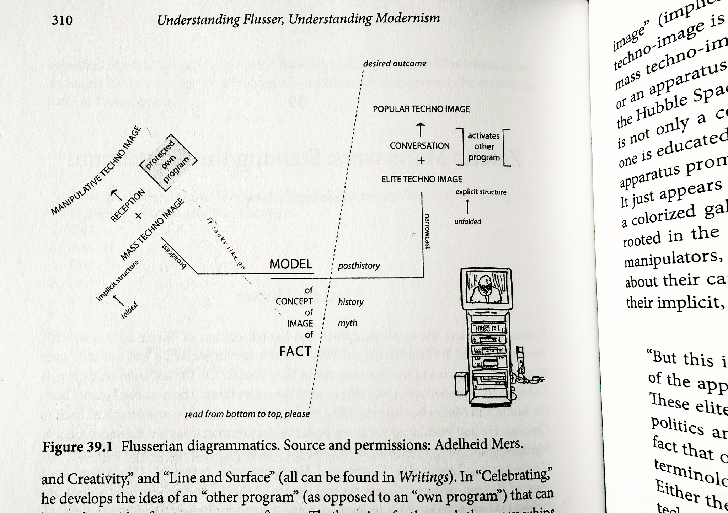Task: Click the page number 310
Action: click(62, 20)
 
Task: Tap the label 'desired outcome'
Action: click(395, 64)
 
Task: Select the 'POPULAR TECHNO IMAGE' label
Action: click(421, 109)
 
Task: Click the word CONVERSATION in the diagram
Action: click(419, 146)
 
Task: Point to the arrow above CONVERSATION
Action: click(421, 129)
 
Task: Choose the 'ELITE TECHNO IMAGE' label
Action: click(422, 179)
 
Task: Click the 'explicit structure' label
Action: click(481, 192)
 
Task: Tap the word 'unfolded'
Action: click(467, 221)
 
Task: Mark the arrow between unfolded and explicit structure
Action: click(467, 207)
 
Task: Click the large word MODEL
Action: click(291, 264)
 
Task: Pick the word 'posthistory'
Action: click(359, 266)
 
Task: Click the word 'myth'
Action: click(347, 323)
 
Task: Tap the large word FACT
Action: click(295, 352)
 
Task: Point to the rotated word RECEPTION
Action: click(128, 205)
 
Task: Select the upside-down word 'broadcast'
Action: click(174, 256)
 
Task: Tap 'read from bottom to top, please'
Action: click(247, 414)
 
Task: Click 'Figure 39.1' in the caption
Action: click(77, 447)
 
